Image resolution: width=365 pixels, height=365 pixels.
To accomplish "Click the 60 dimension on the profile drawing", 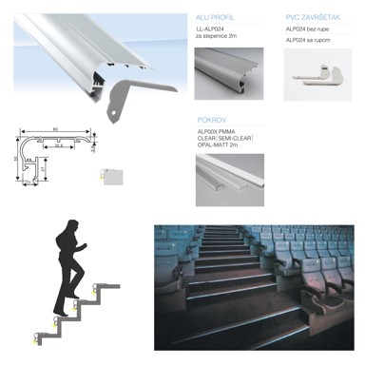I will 56,126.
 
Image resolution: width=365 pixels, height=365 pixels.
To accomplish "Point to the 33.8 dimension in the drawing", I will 59,145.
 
